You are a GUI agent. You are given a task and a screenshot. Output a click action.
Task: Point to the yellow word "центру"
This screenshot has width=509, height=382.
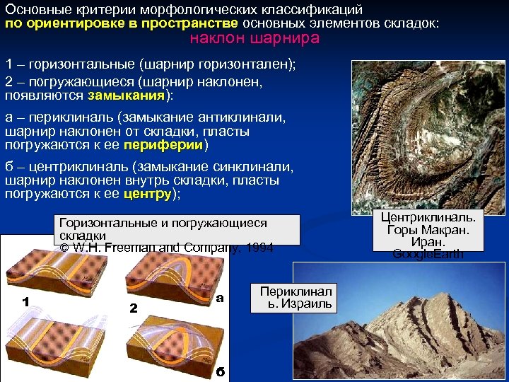148,193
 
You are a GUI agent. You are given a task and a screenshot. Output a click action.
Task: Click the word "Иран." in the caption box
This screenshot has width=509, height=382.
428,241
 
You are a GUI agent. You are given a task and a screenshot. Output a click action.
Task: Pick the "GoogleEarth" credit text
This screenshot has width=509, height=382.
428,254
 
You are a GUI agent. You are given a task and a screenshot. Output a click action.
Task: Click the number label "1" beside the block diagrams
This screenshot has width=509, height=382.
25,302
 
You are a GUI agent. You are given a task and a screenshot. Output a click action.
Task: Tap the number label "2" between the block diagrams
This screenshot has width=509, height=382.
133,308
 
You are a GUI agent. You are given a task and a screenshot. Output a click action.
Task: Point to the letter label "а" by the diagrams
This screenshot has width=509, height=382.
219,298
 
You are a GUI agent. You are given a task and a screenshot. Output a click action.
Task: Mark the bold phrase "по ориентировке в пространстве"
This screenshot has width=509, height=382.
122,23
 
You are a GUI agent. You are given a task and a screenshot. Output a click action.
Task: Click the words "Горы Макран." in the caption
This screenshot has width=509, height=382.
428,229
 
